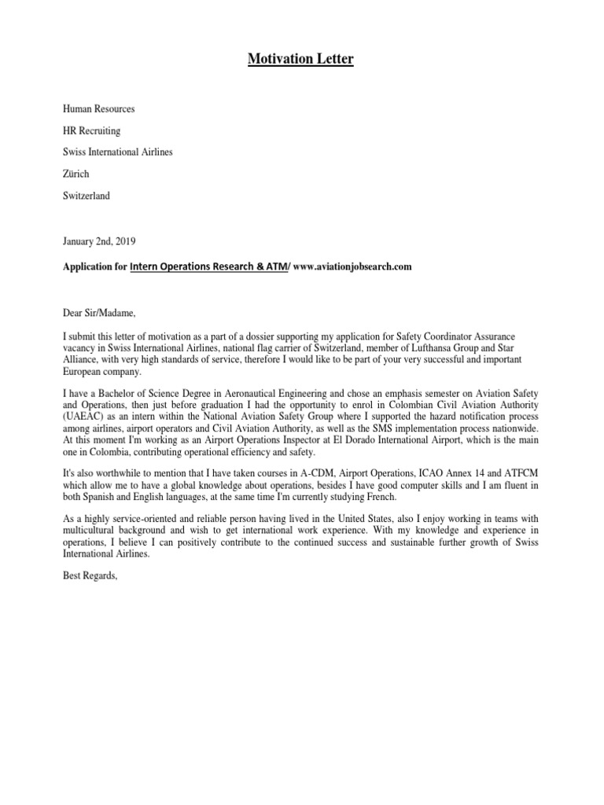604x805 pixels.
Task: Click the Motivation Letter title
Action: click(x=301, y=59)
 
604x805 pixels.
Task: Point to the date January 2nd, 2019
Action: click(x=99, y=240)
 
